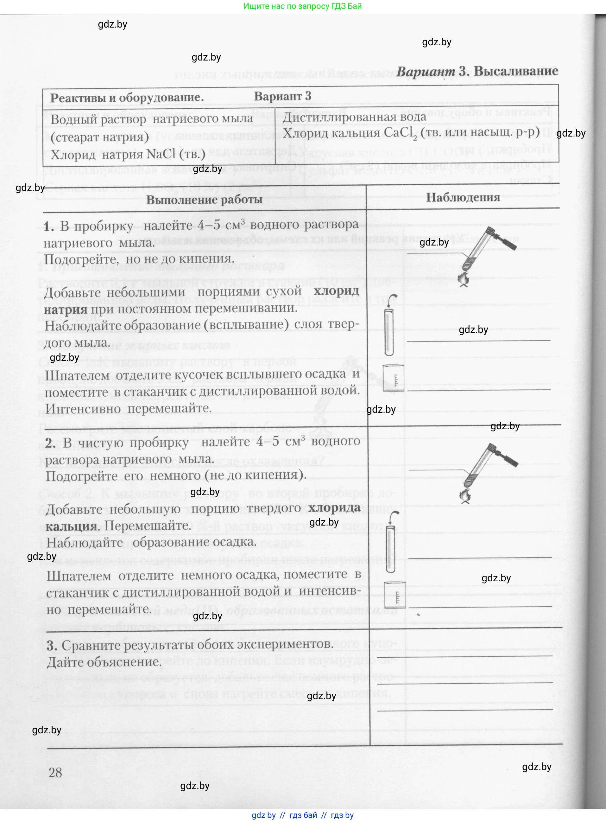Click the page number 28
pos(55,772)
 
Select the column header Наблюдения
pos(463,197)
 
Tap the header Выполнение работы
pos(204,200)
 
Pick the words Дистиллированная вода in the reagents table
pos(354,117)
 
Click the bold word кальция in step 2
pos(72,526)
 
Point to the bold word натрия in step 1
pos(65,309)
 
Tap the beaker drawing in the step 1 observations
pos(393,378)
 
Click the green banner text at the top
pos(303,6)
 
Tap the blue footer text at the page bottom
pos(303,815)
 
